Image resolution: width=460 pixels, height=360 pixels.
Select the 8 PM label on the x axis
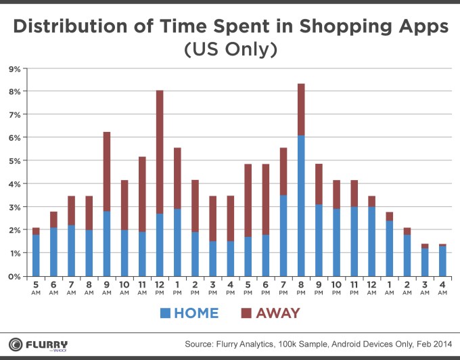[300, 287]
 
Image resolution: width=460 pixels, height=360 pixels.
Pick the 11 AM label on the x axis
[142, 287]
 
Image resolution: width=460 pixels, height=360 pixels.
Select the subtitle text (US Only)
[230, 51]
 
